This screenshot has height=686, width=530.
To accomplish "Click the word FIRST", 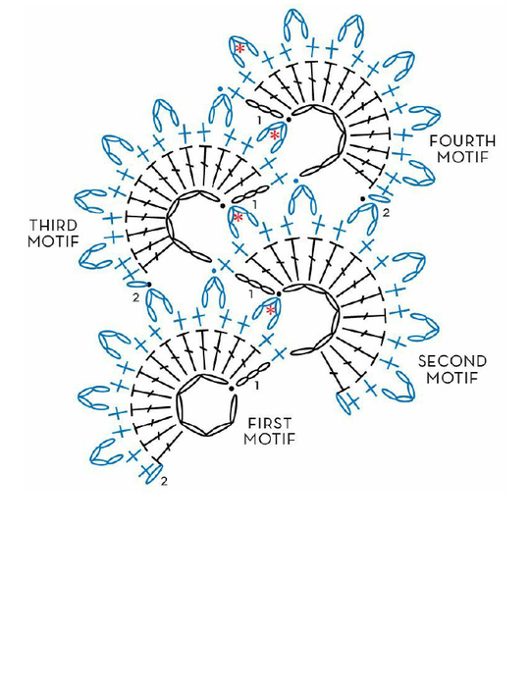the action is coord(270,424).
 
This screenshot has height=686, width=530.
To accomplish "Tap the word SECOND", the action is coord(452,361).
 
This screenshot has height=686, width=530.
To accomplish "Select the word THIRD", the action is coord(53,226).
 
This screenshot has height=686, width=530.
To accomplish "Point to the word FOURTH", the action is coord(462,141).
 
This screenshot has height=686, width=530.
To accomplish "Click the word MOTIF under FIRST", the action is coord(270,439).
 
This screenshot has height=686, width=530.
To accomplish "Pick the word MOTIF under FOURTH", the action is coord(462,157).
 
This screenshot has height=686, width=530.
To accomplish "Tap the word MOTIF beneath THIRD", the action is coord(53,241).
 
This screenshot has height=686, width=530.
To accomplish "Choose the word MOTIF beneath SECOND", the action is coord(452,377).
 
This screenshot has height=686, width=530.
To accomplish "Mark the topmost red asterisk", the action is coord(239,48).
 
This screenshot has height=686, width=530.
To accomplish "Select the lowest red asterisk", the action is coord(271,310).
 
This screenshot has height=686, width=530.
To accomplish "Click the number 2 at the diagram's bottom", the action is coord(164,481).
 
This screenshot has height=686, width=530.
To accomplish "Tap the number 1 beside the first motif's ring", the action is coord(257,386).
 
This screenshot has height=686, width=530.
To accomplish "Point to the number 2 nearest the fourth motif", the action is coord(386,213).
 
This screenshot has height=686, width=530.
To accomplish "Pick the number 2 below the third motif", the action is coord(136,297).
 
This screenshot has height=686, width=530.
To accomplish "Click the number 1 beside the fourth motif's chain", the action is coord(259,120).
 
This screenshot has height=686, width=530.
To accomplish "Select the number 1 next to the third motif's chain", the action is coord(255,204).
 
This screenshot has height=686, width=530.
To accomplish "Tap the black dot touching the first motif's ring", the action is coord(231,388).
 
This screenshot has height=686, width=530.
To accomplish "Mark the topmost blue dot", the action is coord(221,89).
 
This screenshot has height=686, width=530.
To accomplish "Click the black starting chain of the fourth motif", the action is coord(264,109).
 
